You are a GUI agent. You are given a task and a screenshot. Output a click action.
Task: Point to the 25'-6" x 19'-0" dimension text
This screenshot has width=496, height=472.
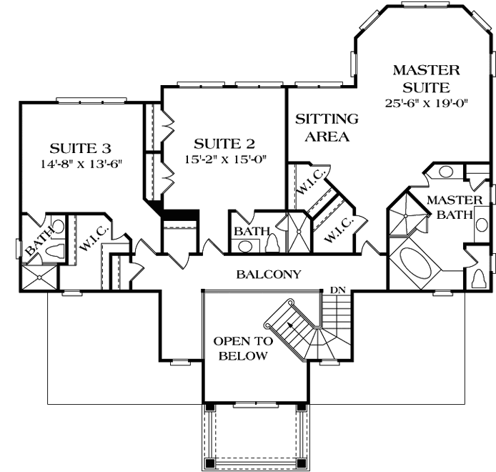[426, 103]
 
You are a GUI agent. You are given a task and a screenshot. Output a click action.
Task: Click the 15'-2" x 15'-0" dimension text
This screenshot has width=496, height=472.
[225, 159]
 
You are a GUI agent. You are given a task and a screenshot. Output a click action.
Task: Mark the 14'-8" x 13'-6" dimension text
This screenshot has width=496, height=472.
[81, 164]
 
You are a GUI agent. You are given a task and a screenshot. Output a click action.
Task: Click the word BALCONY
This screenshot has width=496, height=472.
[269, 274]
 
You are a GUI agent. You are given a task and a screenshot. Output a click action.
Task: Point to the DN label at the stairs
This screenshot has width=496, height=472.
[338, 290]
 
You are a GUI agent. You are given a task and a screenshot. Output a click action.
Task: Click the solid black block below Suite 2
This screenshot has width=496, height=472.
[180, 215]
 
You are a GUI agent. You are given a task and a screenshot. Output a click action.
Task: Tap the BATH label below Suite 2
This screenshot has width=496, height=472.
[252, 232]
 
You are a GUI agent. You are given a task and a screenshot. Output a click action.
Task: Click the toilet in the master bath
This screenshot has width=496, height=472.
[479, 277]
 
